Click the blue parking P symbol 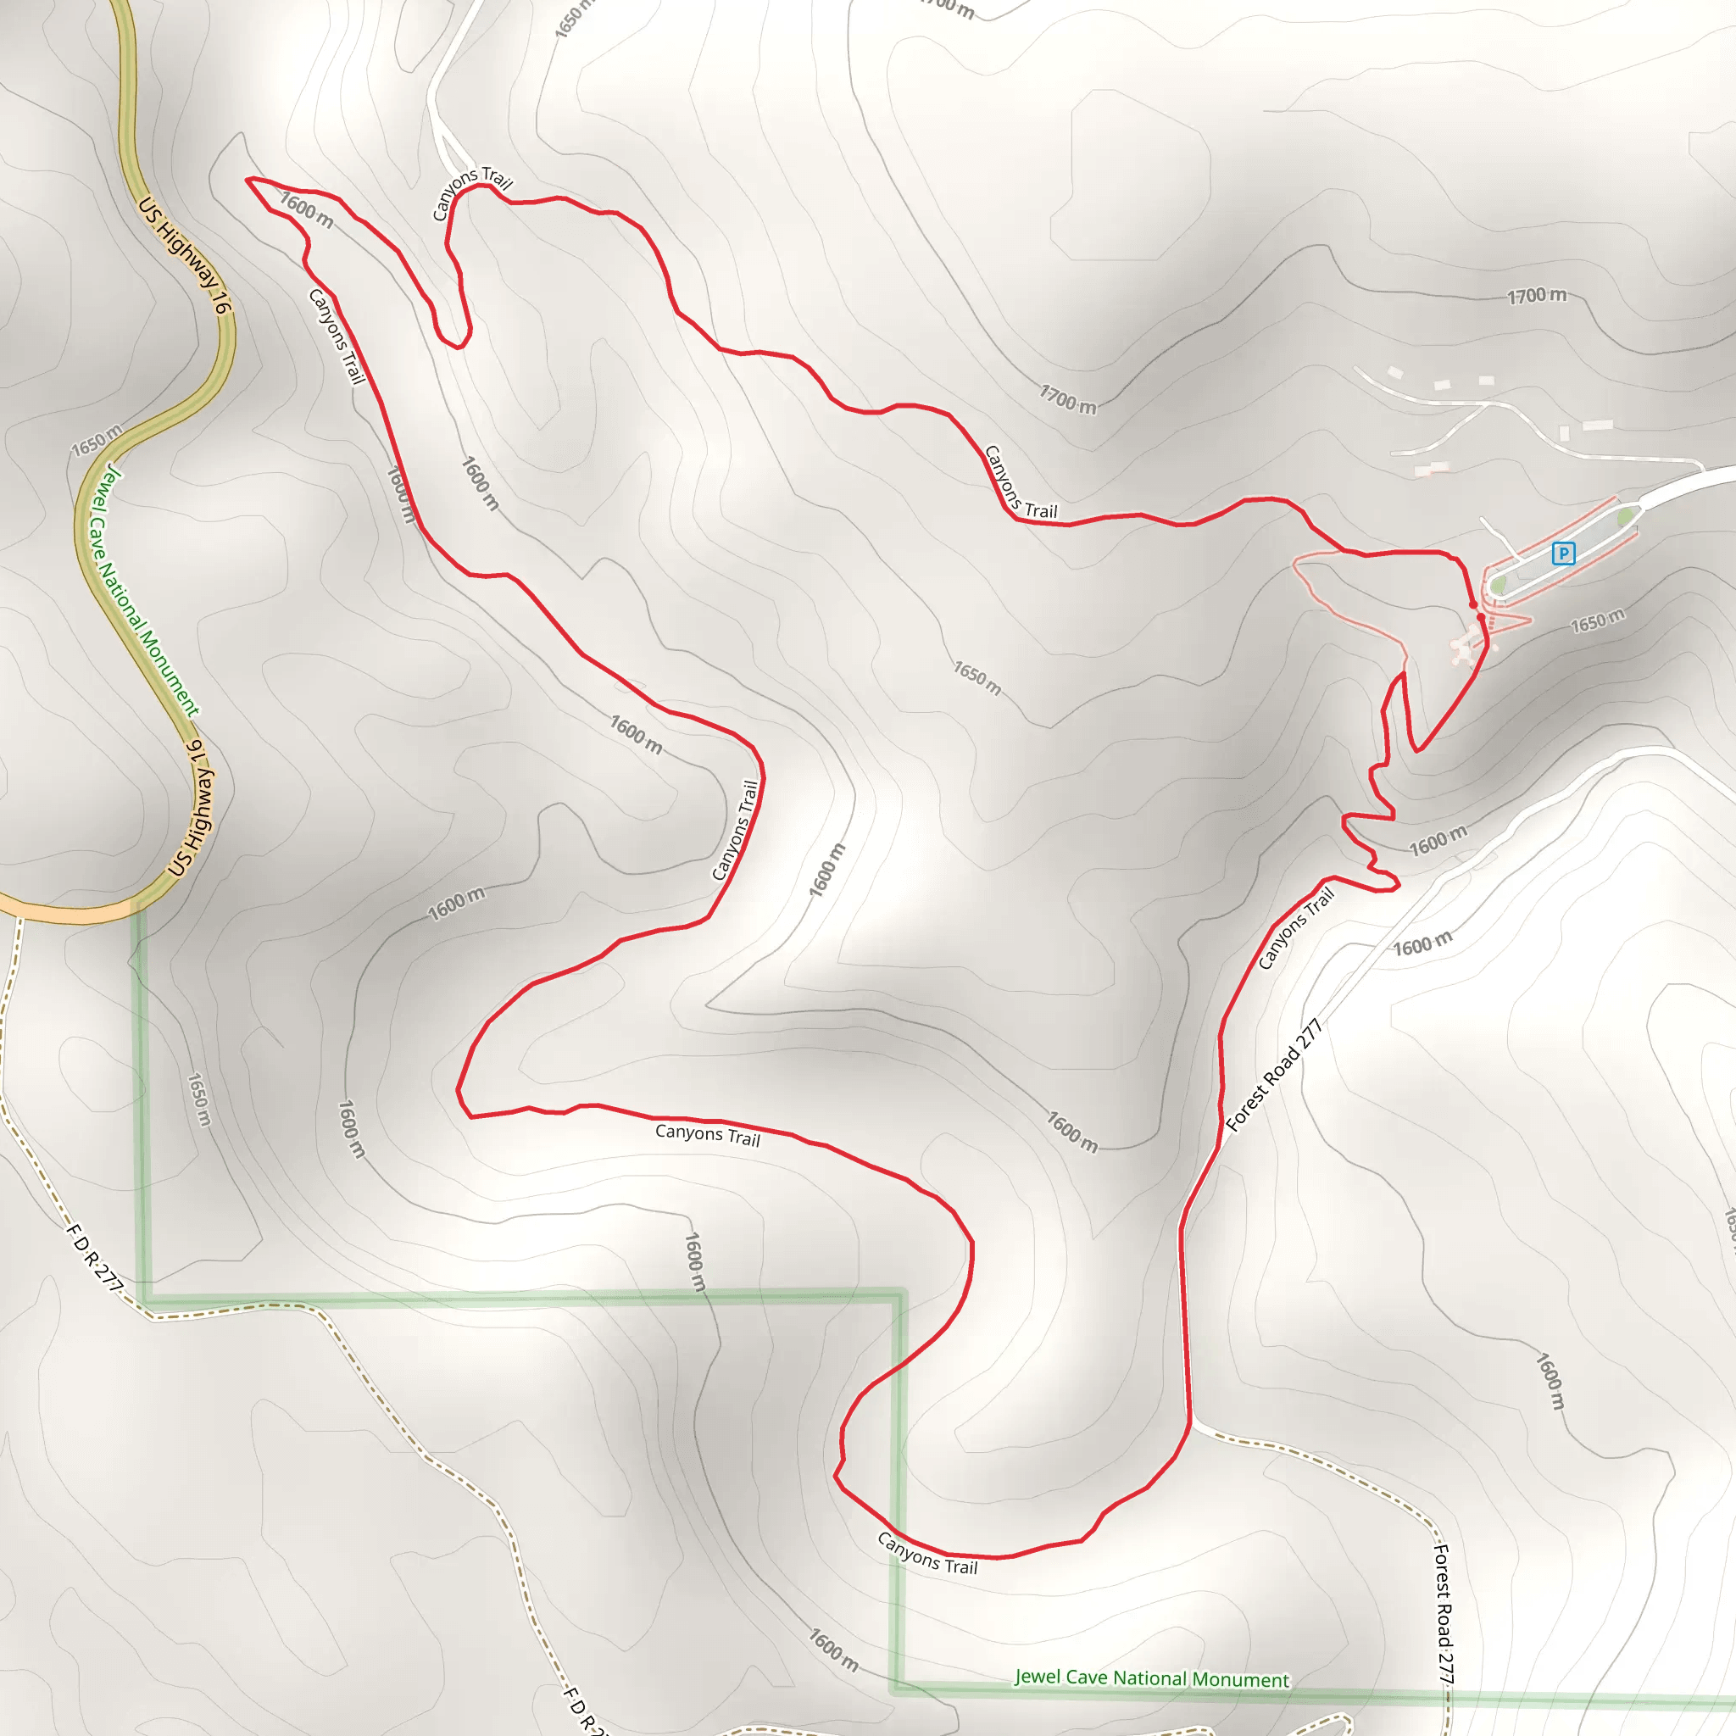pos(1562,554)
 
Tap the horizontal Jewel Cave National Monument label pos(1151,1678)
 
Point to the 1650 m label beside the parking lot pos(1598,620)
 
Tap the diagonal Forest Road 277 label pos(1273,1075)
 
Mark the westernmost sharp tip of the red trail pos(248,180)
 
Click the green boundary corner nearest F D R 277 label pos(145,1299)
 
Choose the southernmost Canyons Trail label pos(927,1553)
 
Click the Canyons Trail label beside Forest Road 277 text pos(1295,928)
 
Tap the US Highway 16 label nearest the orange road pos(191,808)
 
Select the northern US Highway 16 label pos(184,255)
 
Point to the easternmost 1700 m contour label pos(1537,296)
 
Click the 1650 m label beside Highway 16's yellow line pos(96,440)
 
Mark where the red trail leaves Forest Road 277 pos(1189,1422)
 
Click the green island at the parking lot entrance pos(1625,518)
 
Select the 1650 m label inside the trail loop pos(976,677)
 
